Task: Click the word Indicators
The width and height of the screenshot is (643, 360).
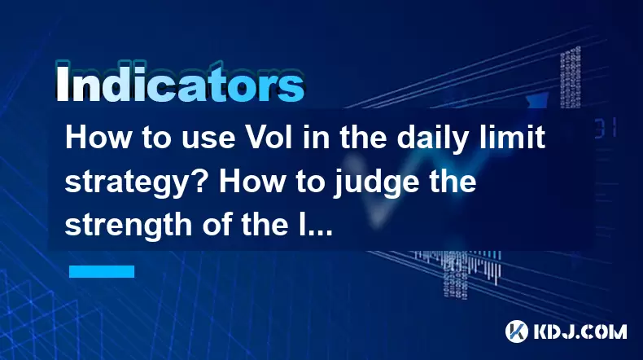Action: (x=180, y=83)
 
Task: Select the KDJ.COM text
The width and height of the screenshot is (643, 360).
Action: (x=580, y=331)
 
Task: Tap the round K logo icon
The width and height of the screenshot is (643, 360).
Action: (x=516, y=331)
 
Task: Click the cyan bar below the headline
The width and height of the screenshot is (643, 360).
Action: (x=102, y=271)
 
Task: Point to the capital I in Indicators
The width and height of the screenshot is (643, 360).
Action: (x=62, y=83)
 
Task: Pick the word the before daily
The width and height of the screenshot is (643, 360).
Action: (x=362, y=137)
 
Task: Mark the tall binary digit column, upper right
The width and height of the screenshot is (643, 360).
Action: (x=571, y=77)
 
